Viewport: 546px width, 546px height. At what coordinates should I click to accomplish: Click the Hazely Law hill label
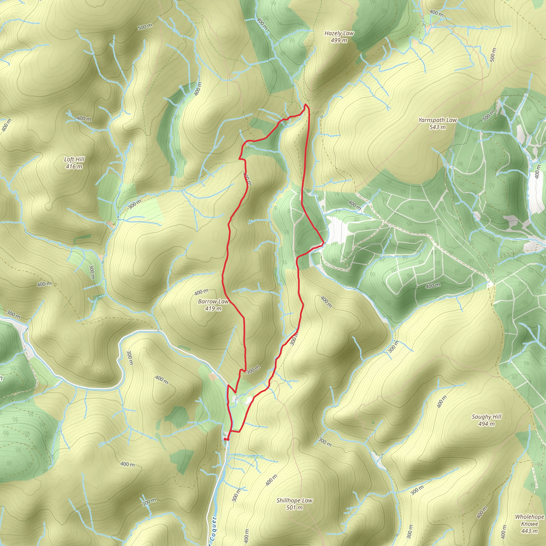(339, 33)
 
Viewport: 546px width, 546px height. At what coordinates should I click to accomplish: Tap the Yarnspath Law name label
(437, 120)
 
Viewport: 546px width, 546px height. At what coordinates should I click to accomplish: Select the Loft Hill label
(74, 159)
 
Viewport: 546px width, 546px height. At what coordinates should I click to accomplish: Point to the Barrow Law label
(213, 302)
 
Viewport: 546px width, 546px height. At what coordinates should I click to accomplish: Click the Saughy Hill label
(486, 417)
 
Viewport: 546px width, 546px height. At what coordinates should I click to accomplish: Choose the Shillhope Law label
(295, 500)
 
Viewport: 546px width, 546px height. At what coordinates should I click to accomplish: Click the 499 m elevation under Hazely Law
(339, 41)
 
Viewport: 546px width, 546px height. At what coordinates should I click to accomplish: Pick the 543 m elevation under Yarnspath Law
(437, 127)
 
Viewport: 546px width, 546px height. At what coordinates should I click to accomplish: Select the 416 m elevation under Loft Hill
(74, 166)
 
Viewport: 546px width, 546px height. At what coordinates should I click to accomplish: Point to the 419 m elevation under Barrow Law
(213, 309)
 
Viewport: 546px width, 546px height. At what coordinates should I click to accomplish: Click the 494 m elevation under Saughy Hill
(486, 424)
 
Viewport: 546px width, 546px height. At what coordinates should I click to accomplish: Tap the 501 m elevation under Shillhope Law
(295, 508)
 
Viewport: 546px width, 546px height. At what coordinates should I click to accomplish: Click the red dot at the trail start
(225, 439)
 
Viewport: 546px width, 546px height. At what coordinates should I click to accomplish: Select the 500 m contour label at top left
(145, 27)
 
